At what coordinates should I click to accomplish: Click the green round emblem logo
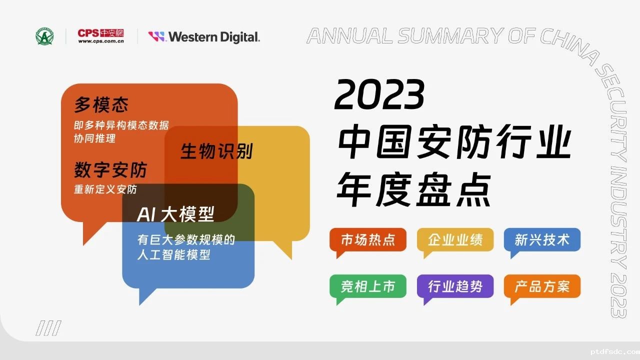pos(44,36)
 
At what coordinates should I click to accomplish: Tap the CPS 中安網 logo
pos(101,36)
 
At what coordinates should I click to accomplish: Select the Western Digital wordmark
pos(204,37)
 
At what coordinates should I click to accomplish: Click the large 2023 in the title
pos(379,94)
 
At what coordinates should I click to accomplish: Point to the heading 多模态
pos(101,104)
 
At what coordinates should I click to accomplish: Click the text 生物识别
pos(217,151)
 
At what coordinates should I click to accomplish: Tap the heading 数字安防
pos(110,169)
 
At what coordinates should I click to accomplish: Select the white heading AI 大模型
pos(175,214)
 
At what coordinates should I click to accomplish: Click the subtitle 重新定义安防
pos(105,189)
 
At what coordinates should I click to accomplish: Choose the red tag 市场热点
pos(368,240)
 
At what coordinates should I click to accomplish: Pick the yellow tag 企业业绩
pos(455,240)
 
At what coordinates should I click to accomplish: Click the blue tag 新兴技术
pos(542,240)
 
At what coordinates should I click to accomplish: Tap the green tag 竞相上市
pos(368,286)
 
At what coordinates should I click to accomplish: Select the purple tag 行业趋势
pos(455,286)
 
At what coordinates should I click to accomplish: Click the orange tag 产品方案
pos(542,286)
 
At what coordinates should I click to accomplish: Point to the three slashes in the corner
pos(48,328)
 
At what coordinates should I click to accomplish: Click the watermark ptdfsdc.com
pos(614,351)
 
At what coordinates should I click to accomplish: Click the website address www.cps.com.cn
pos(101,41)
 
